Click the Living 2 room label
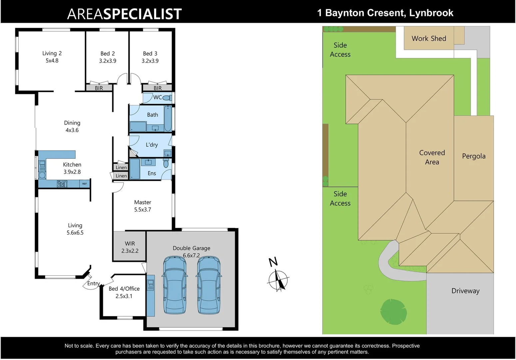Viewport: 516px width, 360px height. pos(52,53)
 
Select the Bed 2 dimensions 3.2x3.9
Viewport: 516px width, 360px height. pos(108,61)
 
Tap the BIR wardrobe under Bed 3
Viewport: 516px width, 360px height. pos(157,88)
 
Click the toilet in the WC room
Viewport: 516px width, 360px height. pos(167,98)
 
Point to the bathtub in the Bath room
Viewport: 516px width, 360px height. pos(168,118)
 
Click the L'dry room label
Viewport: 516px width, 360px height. pos(152,145)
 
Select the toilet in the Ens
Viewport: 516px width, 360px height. pos(166,163)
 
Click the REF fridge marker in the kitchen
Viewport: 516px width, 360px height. pos(85,184)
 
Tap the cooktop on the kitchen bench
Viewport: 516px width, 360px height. pos(62,184)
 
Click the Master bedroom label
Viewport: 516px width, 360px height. pos(143,202)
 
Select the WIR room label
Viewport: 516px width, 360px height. pos(130,244)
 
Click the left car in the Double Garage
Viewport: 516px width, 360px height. pos(174,285)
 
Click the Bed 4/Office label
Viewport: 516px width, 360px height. pos(124,289)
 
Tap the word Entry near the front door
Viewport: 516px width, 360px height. pos(93,283)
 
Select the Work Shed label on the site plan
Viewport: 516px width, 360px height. pos(429,38)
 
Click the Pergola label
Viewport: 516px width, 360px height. pos(473,156)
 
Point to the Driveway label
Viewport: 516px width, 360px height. pos(465,291)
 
